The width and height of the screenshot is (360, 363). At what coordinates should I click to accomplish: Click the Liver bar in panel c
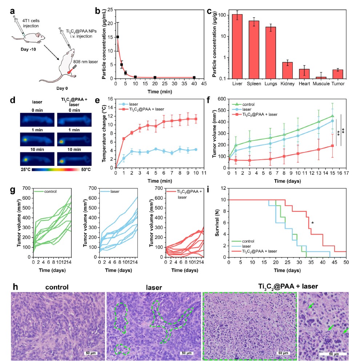237,47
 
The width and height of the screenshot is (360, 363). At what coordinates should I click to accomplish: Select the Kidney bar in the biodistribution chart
287,70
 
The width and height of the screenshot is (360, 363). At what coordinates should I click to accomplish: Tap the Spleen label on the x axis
254,84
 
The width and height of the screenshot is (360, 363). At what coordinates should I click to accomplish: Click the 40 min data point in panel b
194,77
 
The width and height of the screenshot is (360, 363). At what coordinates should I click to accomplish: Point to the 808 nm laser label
85,62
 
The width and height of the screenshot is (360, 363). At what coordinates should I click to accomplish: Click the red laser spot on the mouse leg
69,72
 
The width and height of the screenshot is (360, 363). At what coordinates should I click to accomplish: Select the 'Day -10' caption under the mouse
28,49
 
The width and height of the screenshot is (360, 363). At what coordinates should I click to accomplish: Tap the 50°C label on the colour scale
86,170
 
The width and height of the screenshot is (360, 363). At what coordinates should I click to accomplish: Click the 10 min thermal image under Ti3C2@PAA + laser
74,159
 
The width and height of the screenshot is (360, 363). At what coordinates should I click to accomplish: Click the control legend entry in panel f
243,104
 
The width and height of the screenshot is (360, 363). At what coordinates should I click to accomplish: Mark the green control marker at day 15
332,116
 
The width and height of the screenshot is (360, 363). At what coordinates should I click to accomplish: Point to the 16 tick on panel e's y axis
110,99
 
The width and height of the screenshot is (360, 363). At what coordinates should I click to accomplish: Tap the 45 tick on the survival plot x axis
334,262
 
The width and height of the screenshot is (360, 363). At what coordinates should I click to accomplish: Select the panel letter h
15,287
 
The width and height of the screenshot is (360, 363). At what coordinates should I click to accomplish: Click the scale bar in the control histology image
91,353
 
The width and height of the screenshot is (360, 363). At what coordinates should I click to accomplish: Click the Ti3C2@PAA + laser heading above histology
288,287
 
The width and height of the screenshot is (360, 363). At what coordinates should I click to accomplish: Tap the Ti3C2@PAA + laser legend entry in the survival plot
254,251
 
